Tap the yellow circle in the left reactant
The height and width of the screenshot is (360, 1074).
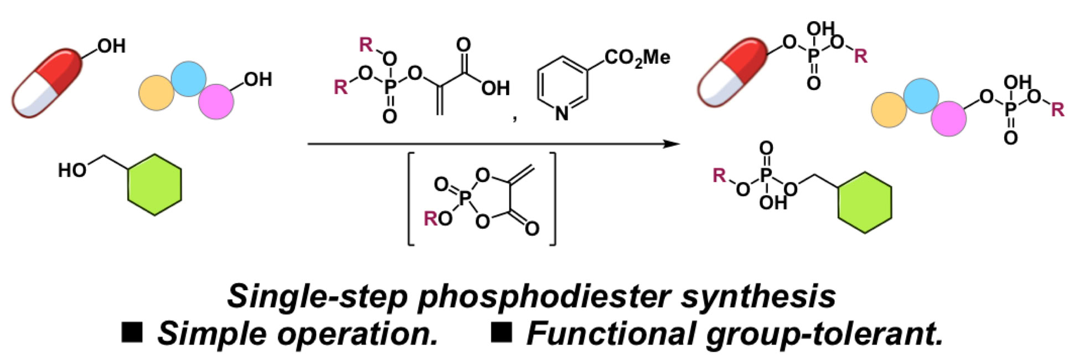(157, 93)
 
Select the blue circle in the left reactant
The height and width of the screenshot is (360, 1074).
(189, 79)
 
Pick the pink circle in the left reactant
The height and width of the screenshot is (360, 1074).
(216, 102)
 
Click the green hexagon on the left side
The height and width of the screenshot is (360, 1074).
(154, 185)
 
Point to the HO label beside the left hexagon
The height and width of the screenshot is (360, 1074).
(73, 170)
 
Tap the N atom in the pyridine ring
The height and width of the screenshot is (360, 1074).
(562, 114)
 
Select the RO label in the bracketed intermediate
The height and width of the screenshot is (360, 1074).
(437, 219)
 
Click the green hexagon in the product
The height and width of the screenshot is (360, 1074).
(865, 203)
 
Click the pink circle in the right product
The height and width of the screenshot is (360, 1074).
(948, 119)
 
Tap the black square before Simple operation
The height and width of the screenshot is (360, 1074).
(132, 333)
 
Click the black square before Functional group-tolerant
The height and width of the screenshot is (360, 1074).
(501, 333)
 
